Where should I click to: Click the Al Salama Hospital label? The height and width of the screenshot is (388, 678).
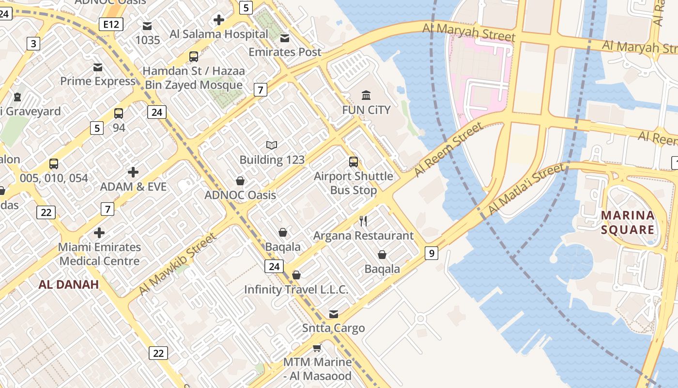point(218,34)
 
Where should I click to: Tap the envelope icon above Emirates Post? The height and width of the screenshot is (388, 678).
point(285,38)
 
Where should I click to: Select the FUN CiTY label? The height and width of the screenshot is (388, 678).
point(366,110)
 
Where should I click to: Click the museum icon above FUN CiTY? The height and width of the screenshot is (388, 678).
point(366,95)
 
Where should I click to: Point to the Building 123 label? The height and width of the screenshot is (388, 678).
point(272,160)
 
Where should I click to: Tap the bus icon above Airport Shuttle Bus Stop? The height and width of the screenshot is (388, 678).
point(354,162)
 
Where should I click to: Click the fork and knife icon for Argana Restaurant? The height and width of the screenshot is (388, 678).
point(363,221)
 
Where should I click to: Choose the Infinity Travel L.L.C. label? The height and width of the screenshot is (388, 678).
point(296,290)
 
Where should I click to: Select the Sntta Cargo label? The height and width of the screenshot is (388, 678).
point(334,328)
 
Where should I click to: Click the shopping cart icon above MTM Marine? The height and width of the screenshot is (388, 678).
point(317,348)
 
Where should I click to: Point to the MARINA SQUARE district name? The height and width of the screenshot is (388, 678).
point(628,222)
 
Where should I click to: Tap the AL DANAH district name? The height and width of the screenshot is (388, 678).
point(69,285)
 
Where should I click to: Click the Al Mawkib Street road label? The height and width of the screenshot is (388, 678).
point(177,264)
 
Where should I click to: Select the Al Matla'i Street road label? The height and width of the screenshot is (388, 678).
point(526,189)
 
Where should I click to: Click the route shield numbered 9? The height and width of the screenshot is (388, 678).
point(431,253)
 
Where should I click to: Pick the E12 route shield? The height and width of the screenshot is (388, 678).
point(110,24)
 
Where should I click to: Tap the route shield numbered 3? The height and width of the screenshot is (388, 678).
point(33,44)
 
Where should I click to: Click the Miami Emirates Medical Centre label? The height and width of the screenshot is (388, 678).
point(99,254)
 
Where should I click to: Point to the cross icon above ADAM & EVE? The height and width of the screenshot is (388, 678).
point(133,172)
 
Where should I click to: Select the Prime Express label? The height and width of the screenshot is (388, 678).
point(98,81)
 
